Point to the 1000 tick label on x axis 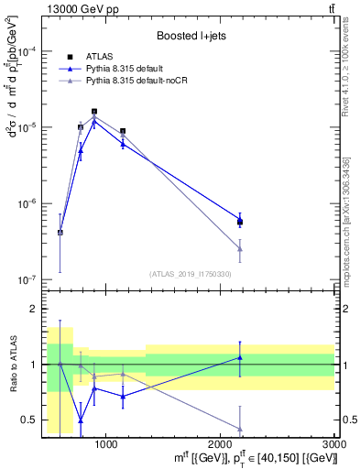tap(106, 444)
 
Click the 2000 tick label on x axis tap(222, 444)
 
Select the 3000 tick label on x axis tap(336, 444)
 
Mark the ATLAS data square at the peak tap(94, 112)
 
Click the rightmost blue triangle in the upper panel tap(240, 217)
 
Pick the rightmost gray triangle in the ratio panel tap(240, 429)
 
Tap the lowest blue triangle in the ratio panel tap(81, 420)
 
